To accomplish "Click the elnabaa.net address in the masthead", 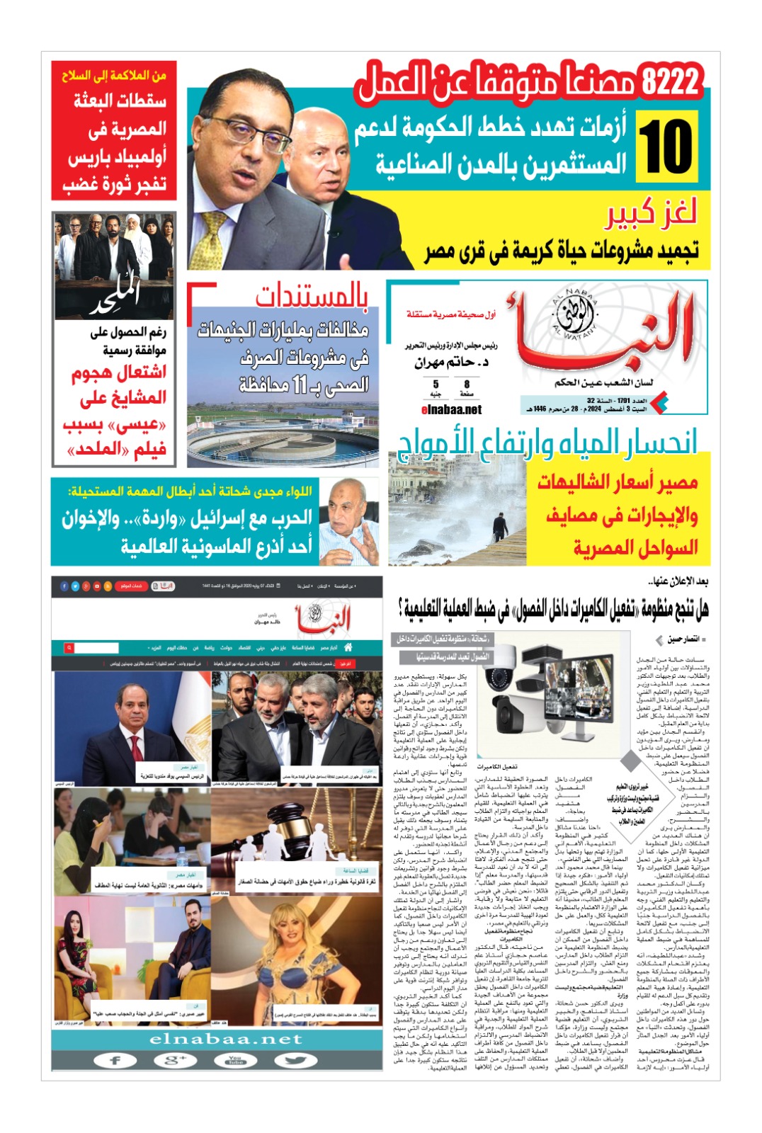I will pos(451,409).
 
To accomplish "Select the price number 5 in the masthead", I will pos(436,384).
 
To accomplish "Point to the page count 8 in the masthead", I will pos(467,384).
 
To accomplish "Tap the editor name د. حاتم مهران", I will pos(452,363).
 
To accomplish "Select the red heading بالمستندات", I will pos(312,297).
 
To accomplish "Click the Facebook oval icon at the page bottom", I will pos(115,1060).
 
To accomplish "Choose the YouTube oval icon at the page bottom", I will pos(235,1060).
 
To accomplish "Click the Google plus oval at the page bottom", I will pos(175,1060).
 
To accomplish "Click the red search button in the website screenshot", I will pos(69,647).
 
